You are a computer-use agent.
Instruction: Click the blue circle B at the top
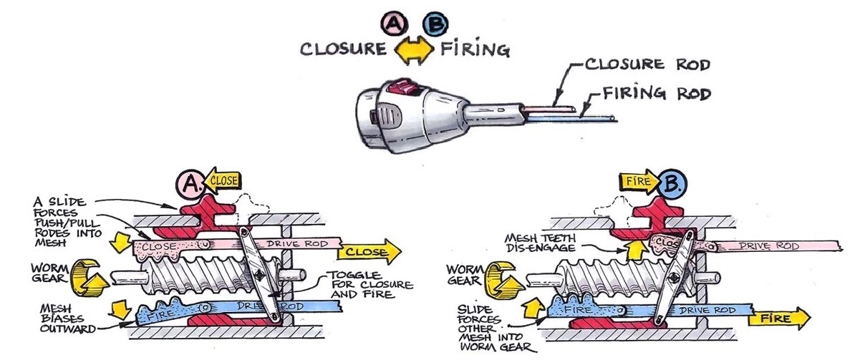(x=435, y=24)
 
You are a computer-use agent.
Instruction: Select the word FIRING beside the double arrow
(x=475, y=50)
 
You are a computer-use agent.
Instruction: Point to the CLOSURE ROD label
(x=647, y=64)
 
